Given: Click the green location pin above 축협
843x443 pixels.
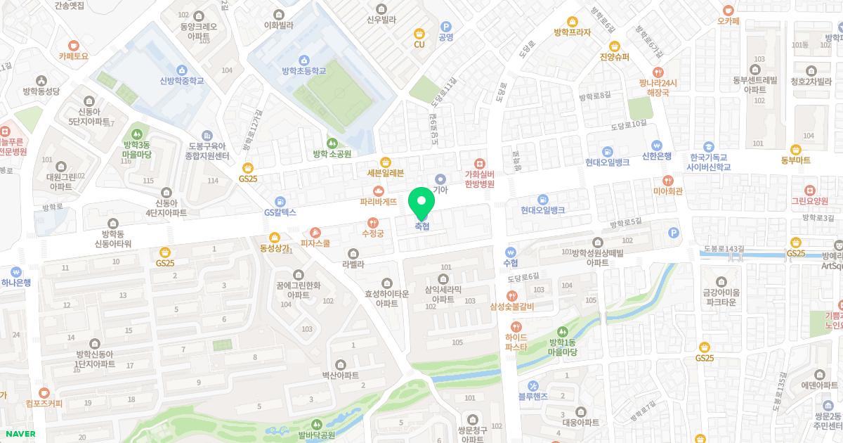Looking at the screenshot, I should pos(421,202).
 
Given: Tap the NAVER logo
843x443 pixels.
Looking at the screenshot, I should pos(20,433).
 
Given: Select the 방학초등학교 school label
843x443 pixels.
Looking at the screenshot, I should pos(303,70).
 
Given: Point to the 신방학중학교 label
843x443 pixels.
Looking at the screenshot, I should pos(181,80).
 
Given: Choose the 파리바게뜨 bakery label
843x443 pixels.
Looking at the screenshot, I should pos(379,201).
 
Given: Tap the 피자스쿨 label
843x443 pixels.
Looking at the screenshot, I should pos(315,243).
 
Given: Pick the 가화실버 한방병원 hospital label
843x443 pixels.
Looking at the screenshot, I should pos(480,179).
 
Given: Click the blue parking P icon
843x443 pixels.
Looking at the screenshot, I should pos(674,232).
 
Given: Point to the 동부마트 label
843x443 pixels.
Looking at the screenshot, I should pos(795,160).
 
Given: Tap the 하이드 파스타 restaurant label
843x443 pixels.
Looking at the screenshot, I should pos(516,342).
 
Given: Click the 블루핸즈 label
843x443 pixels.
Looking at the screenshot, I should pos(534,396).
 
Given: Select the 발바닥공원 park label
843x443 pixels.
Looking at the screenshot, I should pos(316,435).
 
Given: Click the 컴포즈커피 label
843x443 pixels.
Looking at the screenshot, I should pos(44,403).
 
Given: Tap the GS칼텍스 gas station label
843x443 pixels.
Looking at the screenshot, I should pos(280,212).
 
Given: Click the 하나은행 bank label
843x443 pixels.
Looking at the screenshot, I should pos(16,282).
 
